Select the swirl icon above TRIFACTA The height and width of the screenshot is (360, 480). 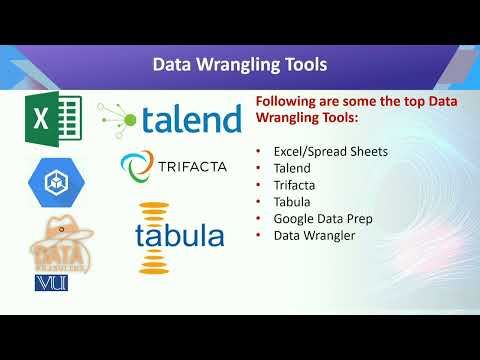tap(135, 164)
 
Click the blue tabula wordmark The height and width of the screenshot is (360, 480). tap(180, 236)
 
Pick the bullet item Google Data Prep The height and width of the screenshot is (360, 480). tap(316, 218)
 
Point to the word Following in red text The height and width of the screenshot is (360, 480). tap(289, 102)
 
